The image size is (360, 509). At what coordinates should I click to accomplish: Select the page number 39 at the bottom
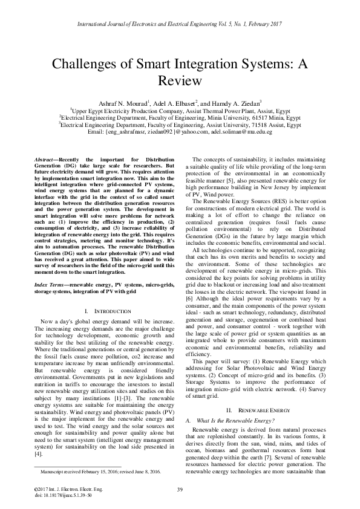point(180,489)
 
